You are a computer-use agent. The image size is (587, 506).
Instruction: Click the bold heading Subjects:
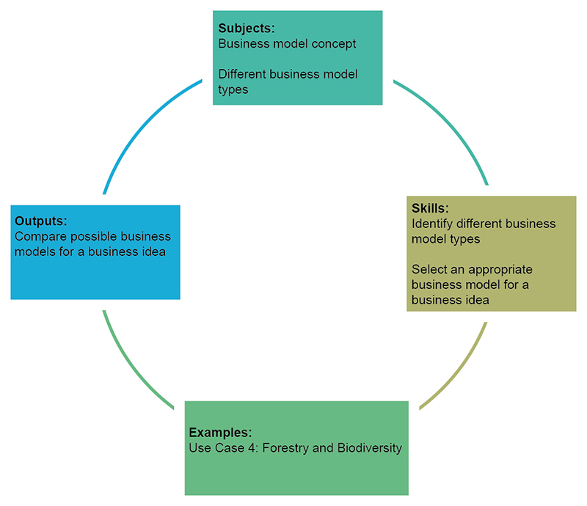[246, 29]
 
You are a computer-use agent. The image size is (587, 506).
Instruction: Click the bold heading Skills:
[430, 209]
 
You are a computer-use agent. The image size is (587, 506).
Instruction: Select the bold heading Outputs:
[41, 221]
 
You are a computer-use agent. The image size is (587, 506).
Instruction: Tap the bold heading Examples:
[220, 432]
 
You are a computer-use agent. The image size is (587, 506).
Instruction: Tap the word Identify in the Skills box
[433, 224]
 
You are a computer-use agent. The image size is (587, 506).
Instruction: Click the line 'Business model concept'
[287, 44]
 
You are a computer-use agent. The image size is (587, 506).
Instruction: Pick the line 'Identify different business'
[484, 224]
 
